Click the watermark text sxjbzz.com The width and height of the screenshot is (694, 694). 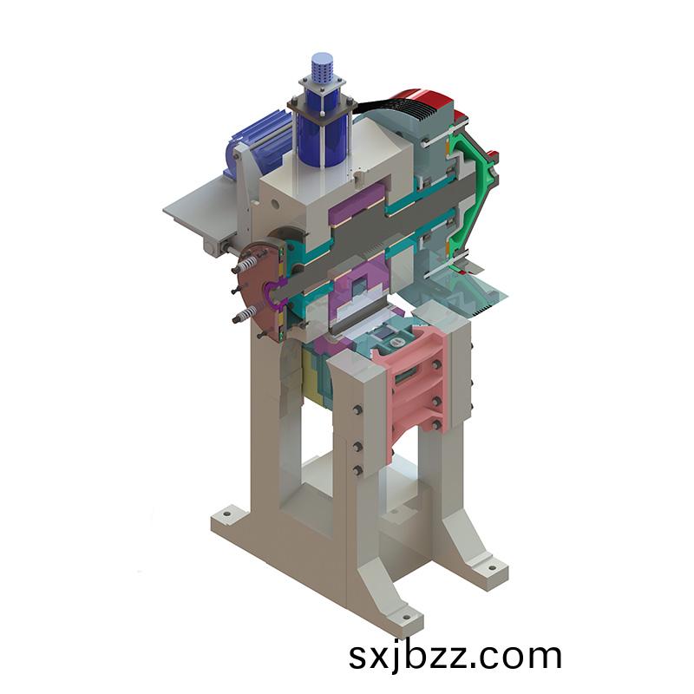[455, 657]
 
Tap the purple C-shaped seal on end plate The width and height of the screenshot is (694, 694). [275, 295]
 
